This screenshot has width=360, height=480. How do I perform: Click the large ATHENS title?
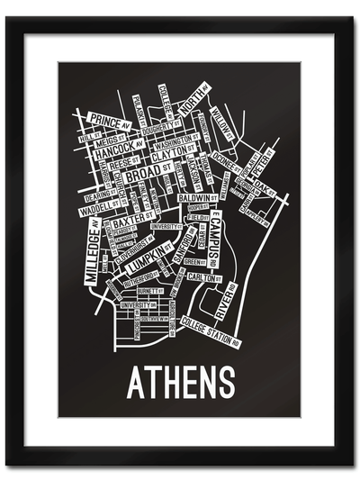[x=180, y=382]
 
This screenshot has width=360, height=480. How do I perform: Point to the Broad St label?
[x=144, y=177]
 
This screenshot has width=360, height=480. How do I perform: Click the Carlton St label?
[x=204, y=278]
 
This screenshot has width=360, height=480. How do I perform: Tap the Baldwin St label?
[x=195, y=197]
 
